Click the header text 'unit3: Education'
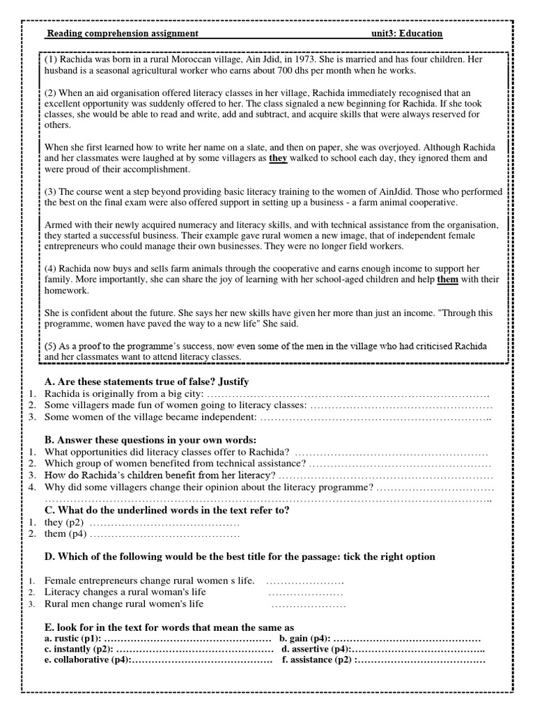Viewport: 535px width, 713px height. [407, 33]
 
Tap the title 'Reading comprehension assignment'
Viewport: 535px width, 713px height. [123, 33]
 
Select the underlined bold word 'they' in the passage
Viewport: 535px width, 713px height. [278, 158]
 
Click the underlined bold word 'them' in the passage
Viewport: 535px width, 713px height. [448, 280]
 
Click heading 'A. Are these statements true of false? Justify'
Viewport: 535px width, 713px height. [146, 382]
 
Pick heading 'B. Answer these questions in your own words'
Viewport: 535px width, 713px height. [150, 440]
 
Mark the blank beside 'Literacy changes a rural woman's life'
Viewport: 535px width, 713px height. [305, 593]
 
